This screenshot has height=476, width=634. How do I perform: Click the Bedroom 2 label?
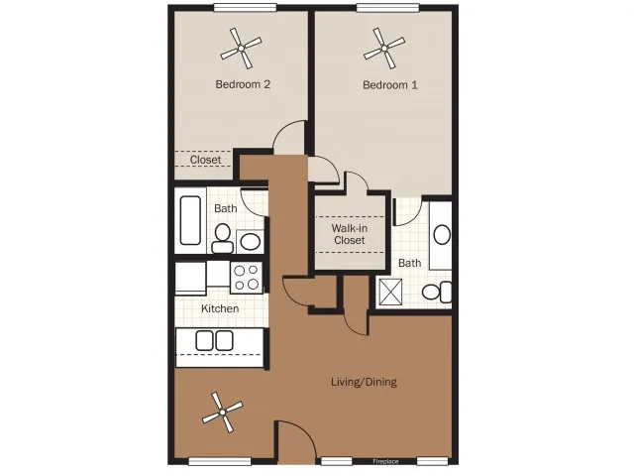pyautogui.click(x=243, y=84)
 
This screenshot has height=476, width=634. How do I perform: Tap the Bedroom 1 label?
pyautogui.click(x=390, y=85)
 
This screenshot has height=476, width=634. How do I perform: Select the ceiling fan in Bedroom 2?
pyautogui.click(x=241, y=49)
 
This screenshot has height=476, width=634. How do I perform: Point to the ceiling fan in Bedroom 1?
pyautogui.click(x=384, y=49)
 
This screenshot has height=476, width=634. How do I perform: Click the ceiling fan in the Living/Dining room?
pyautogui.click(x=222, y=413)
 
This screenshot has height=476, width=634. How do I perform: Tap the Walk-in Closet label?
pyautogui.click(x=350, y=234)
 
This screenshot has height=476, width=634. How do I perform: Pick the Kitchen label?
pyautogui.click(x=220, y=308)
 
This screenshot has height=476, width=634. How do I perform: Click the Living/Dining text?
pyautogui.click(x=364, y=382)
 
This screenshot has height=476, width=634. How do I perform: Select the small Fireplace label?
pyautogui.click(x=385, y=461)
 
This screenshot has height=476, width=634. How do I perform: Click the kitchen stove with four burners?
pyautogui.click(x=247, y=278)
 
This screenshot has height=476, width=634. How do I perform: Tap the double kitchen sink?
pyautogui.click(x=214, y=341)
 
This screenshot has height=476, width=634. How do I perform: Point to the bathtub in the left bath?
pyautogui.click(x=190, y=220)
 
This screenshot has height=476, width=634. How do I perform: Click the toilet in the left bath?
pyautogui.click(x=222, y=238)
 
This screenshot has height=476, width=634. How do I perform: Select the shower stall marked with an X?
pyautogui.click(x=390, y=292)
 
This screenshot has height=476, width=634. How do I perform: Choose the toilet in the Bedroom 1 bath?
pyautogui.click(x=437, y=292)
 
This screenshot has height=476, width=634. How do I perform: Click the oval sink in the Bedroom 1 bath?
pyautogui.click(x=442, y=235)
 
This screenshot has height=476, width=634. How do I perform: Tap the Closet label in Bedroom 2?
pyautogui.click(x=205, y=160)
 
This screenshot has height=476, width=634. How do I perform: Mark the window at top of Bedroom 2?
pyautogui.click(x=245, y=7)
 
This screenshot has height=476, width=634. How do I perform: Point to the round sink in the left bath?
pyautogui.click(x=251, y=242)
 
